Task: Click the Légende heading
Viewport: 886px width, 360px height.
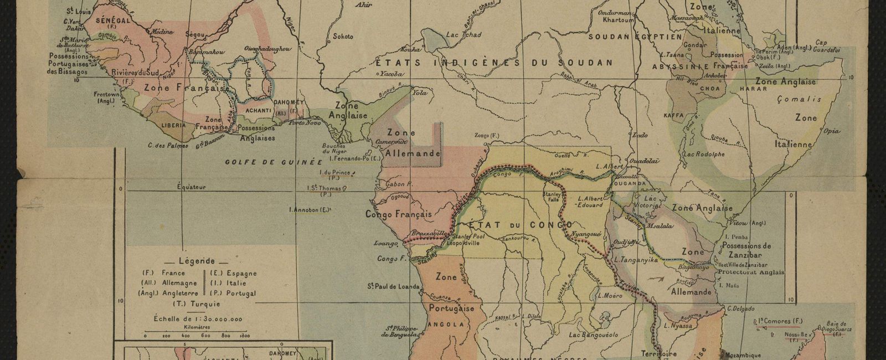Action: (197, 261)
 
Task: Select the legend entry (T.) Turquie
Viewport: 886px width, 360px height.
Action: (197, 304)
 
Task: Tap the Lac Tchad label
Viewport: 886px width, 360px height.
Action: (463, 35)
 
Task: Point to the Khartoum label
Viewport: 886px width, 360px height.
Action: (619, 20)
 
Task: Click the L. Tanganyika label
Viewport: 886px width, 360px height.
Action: (635, 259)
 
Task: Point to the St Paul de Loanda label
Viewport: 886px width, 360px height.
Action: (393, 286)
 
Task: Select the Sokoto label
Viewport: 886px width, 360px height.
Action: (342, 37)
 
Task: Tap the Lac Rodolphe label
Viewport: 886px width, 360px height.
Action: (704, 155)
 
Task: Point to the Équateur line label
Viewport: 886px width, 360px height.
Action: (191, 187)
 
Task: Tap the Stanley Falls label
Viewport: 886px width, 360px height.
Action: (554, 197)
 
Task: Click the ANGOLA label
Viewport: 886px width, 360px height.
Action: (447, 325)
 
